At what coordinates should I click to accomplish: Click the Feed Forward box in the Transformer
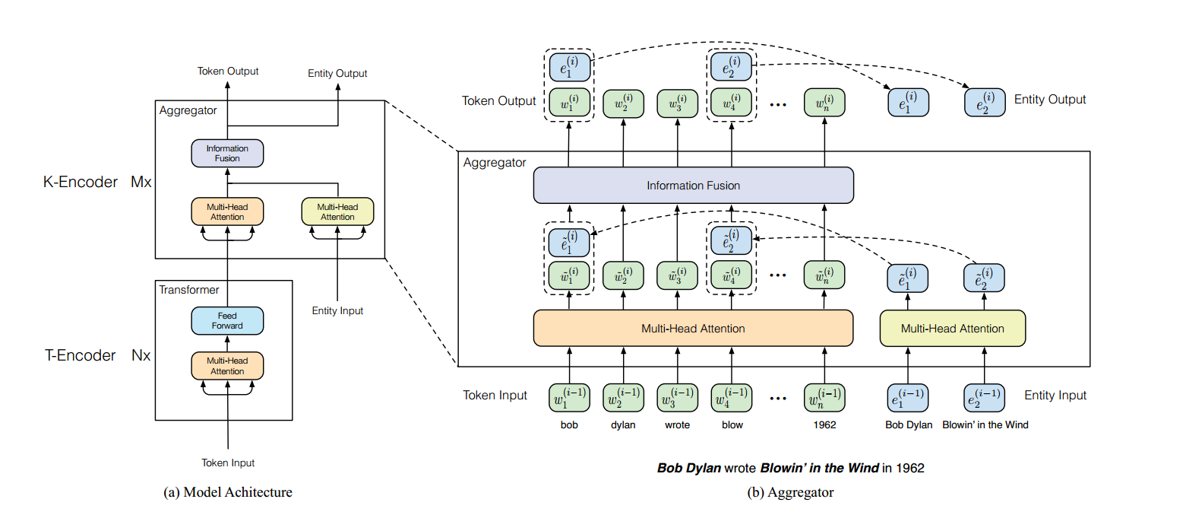(x=227, y=321)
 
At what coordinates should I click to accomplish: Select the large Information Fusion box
(x=693, y=186)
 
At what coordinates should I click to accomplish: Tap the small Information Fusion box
(x=227, y=153)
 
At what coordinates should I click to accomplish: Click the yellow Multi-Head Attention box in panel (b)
(x=953, y=329)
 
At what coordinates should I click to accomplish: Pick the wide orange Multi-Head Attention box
(x=693, y=329)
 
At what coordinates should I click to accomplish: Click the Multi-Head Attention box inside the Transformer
(x=227, y=366)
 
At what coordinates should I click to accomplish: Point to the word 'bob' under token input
(x=569, y=424)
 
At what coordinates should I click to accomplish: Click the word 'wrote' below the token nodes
(x=677, y=424)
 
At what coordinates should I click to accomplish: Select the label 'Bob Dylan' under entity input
(x=909, y=424)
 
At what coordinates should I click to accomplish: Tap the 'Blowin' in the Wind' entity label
(x=985, y=424)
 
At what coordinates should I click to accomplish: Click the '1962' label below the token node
(x=824, y=424)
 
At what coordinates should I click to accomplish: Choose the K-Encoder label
(x=81, y=182)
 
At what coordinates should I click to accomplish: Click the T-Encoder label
(x=80, y=355)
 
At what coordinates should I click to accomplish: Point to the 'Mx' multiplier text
(x=141, y=182)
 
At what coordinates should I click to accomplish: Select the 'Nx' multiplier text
(x=141, y=355)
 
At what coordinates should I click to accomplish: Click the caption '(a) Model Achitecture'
(x=228, y=492)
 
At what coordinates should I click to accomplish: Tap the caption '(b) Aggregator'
(x=790, y=492)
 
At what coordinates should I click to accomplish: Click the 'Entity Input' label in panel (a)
(x=337, y=311)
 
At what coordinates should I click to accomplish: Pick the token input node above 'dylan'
(x=623, y=398)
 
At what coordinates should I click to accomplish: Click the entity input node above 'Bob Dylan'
(x=907, y=398)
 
